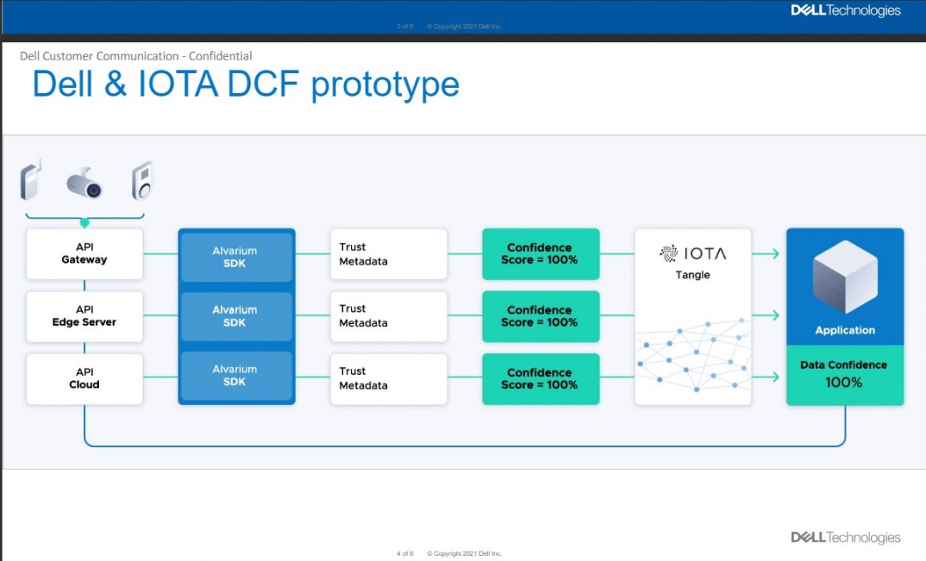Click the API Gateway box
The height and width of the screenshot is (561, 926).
[84, 253]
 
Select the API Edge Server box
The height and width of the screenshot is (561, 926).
[84, 316]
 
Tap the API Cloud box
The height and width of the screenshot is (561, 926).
[84, 378]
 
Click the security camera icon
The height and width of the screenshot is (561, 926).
[85, 183]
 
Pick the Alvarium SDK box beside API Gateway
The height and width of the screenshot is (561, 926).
[235, 257]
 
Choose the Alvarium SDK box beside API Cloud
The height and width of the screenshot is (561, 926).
[235, 375]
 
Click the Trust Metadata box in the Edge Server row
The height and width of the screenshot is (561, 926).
[388, 316]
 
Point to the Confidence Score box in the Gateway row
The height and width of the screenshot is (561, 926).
[540, 253]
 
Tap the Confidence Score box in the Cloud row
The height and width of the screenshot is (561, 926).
[540, 378]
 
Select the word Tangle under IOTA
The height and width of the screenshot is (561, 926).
[693, 275]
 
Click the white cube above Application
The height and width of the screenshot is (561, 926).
[844, 277]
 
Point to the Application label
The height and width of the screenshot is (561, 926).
[845, 330]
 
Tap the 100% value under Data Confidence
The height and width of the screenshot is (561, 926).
[844, 382]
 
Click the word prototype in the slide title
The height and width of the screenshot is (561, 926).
[385, 84]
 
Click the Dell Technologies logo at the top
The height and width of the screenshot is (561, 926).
[845, 11]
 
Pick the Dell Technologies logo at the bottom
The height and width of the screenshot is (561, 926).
[845, 538]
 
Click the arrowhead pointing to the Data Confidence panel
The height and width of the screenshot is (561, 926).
[774, 378]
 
